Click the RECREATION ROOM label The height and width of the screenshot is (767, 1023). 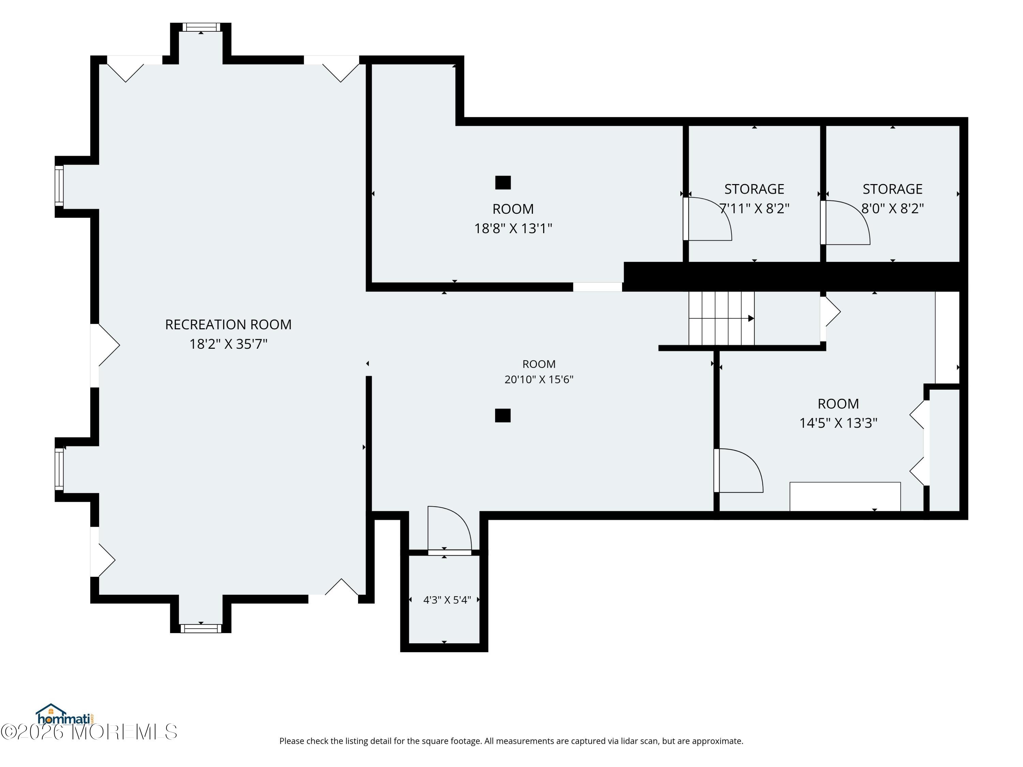pos(228,325)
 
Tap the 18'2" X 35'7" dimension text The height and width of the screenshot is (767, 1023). pos(228,344)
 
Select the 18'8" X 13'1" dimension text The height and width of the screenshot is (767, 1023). pos(513,228)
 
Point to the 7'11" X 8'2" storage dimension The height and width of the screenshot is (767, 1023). pos(754,209)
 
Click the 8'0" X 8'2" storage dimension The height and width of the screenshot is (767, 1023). pos(893,209)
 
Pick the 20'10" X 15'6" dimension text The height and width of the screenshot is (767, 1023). pos(539,379)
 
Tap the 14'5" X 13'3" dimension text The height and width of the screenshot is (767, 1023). pos(839,423)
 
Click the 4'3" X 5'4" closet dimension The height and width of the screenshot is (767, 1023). pos(447,600)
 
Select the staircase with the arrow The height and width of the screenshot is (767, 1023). pos(722,318)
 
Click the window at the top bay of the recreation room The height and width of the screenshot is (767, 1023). pos(201,27)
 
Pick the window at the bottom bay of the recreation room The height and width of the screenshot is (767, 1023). pos(201,628)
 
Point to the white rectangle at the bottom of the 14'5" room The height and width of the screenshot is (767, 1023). pos(845,497)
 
